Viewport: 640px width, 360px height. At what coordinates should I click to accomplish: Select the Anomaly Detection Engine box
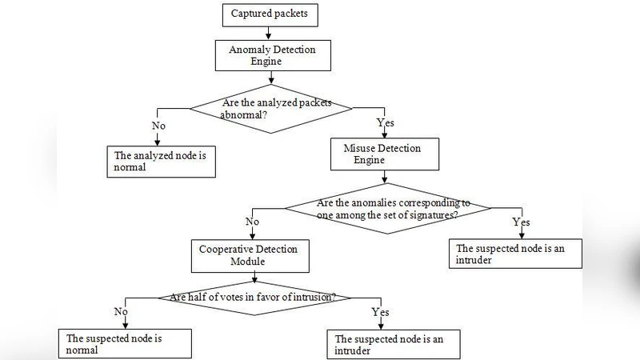click(x=272, y=55)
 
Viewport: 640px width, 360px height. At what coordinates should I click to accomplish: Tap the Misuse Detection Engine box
click(x=386, y=154)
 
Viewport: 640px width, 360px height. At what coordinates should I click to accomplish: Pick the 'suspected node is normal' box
click(x=126, y=344)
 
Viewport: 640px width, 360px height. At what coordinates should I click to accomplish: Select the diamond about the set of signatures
click(x=390, y=209)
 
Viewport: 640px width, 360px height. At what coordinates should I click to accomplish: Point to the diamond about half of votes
click(x=251, y=298)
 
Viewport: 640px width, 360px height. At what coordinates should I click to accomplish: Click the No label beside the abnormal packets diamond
click(x=158, y=125)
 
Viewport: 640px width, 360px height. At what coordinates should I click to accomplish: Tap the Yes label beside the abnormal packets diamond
click(x=386, y=123)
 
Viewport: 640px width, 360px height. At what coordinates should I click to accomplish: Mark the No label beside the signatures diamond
click(x=253, y=221)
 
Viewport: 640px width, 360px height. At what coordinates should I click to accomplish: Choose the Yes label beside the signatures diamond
click(x=521, y=222)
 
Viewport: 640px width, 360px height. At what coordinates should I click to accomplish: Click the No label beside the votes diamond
click(x=122, y=311)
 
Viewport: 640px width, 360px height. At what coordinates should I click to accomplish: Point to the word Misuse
click(x=361, y=148)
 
